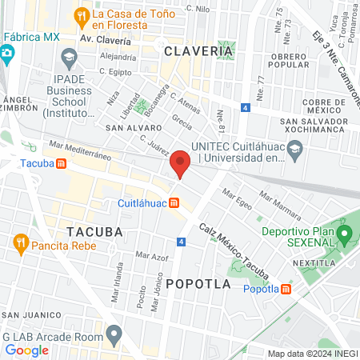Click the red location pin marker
[180, 164]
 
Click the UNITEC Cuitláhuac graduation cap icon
[295, 150]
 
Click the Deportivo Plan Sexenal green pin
[345, 234]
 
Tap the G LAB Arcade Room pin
[114, 333]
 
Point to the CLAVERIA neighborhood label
[198, 51]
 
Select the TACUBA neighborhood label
[95, 231]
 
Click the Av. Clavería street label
[107, 38]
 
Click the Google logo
[26, 350]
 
